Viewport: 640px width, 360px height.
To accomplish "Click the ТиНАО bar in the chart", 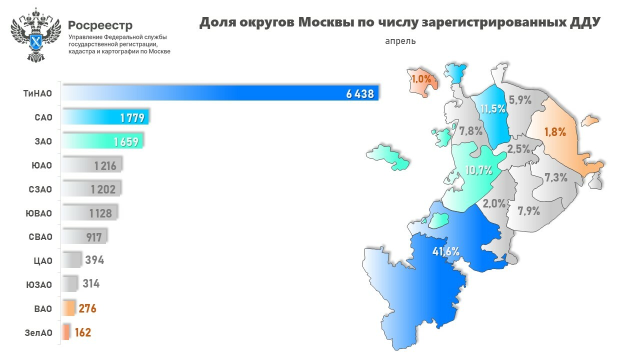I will pos(220,93).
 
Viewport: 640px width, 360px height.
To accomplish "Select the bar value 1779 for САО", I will pos(132,118).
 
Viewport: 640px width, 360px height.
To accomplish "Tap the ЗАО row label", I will pos(43,141).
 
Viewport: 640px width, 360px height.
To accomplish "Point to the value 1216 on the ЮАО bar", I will pos(105,165).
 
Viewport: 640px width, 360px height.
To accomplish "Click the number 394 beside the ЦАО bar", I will pos(94,260).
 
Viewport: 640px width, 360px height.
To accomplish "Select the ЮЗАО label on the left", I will pos(39,284).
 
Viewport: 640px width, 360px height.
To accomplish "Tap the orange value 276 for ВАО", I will pos(87,308).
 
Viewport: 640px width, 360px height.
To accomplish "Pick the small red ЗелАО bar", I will pos(66,332).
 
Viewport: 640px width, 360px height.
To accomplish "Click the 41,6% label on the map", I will pos(445,251).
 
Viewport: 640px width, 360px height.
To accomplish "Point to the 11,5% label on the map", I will pos(493,108).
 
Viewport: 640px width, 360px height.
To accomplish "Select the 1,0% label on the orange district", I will pos(421,79).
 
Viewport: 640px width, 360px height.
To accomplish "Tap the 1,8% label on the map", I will pos(555,132).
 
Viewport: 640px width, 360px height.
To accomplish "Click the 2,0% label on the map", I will pos(494,203).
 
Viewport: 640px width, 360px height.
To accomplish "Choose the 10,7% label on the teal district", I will pos(478,169).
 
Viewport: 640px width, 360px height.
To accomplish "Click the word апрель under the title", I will pos(400,41).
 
